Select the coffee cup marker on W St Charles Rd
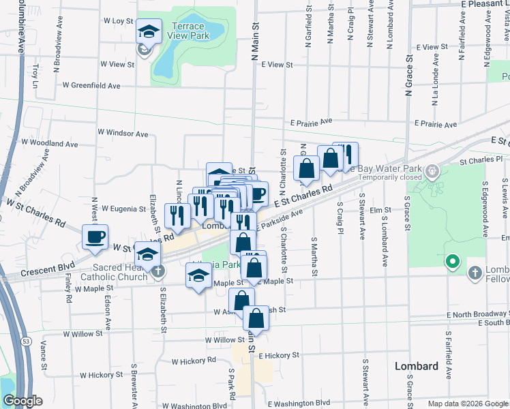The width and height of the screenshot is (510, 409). [x=95, y=237]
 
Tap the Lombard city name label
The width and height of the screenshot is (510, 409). [x=417, y=366]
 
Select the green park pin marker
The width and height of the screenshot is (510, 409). [x=451, y=261]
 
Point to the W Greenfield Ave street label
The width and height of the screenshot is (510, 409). [x=91, y=86]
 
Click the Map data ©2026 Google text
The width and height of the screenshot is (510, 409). [x=467, y=404]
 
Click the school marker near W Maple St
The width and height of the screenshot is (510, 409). [x=198, y=275]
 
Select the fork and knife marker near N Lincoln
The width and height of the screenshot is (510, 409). [x=177, y=215]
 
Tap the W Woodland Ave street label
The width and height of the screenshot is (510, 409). [x=50, y=144]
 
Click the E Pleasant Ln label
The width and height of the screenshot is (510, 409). [x=471, y=3]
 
